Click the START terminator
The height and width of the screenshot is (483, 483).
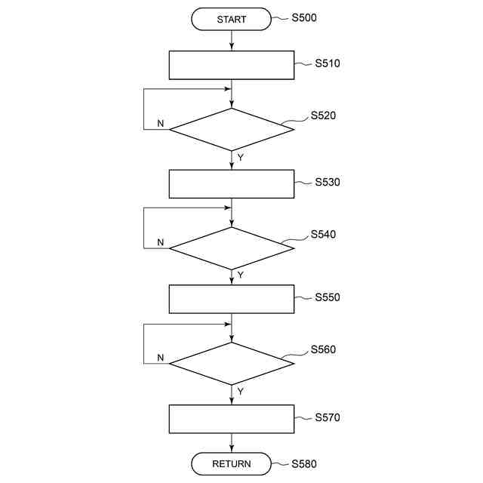pos(231,20)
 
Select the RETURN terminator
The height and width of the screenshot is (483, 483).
pos(231,464)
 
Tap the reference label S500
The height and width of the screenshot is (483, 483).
pos(304,17)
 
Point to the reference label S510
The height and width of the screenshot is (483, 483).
pos(328,63)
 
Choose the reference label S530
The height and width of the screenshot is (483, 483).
pos(328,182)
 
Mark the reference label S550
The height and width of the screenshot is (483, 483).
pos(328,297)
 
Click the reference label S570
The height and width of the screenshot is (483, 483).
pos(328,417)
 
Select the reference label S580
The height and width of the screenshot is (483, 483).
pos(304,463)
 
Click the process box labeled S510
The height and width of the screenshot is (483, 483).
pos(231,65)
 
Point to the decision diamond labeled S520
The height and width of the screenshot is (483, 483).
pos(231,130)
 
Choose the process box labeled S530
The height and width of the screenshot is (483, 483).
pos(231,183)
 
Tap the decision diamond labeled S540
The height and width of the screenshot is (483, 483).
pos(231,248)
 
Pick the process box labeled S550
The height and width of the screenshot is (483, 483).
pos(231,299)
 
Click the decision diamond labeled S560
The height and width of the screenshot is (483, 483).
pos(231,364)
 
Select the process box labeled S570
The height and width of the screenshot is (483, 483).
pos(231,419)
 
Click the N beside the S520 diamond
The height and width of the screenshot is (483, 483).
pos(160,123)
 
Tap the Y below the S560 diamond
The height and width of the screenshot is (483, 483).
pos(240,392)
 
